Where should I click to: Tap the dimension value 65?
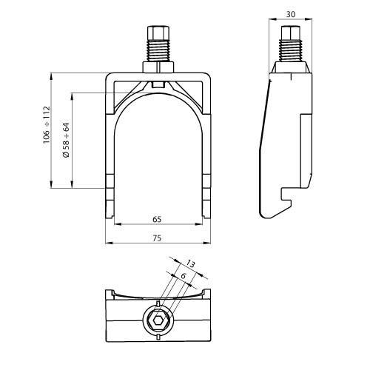157,220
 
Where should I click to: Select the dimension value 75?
157,238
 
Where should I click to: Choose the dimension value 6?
181,275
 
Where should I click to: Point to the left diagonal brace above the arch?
130,93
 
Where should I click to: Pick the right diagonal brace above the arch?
189,93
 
